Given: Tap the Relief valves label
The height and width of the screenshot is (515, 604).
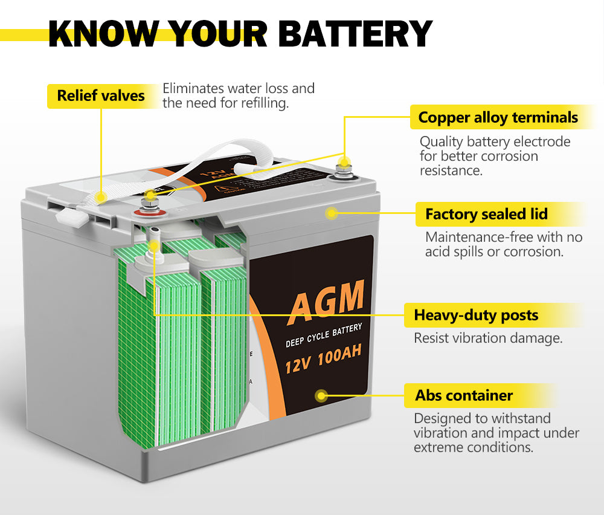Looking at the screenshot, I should pyautogui.click(x=101, y=96).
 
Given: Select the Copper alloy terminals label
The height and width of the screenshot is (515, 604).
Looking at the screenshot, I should pyautogui.click(x=498, y=117).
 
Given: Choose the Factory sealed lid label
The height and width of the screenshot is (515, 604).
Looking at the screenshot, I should pyautogui.click(x=486, y=214).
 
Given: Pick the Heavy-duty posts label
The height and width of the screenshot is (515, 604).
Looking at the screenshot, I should pyautogui.click(x=476, y=315).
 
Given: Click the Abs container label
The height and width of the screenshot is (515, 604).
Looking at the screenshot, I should pyautogui.click(x=464, y=396).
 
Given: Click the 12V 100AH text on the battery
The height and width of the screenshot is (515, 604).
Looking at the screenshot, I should pyautogui.click(x=323, y=360).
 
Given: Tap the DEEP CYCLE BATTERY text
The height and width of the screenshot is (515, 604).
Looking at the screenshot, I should pyautogui.click(x=324, y=335).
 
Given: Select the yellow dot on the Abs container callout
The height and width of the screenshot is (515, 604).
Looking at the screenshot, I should pyautogui.click(x=322, y=396).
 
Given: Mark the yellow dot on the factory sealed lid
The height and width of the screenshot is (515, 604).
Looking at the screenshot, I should pyautogui.click(x=331, y=213).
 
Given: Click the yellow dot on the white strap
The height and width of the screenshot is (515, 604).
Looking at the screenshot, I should pyautogui.click(x=101, y=196).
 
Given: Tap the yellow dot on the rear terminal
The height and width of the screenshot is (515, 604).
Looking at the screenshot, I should pyautogui.click(x=344, y=162).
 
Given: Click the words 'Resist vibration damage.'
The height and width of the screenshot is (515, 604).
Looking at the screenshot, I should pyautogui.click(x=488, y=338).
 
